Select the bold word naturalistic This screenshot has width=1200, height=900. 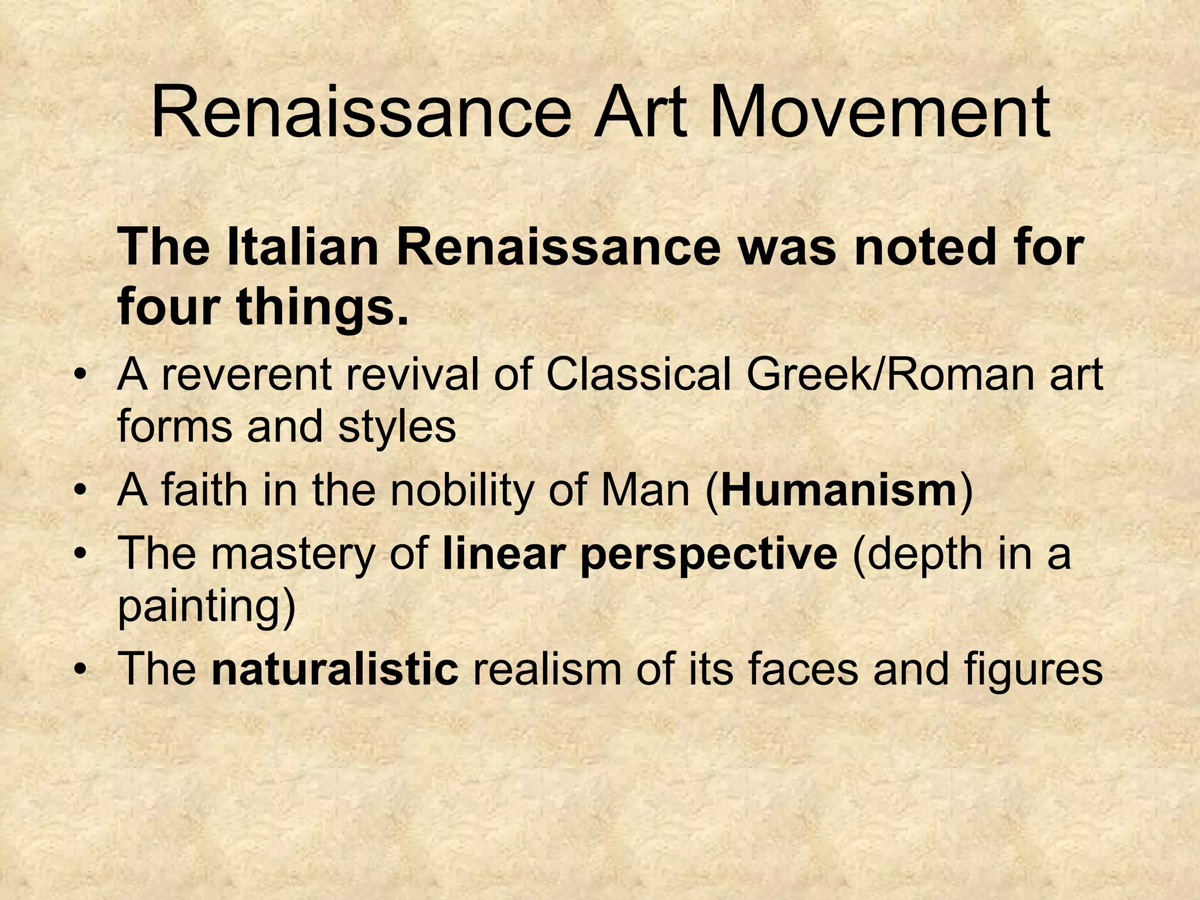(335, 669)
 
